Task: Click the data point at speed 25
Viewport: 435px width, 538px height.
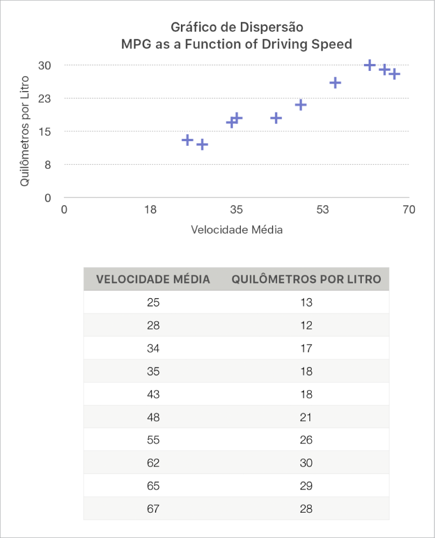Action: click(187, 140)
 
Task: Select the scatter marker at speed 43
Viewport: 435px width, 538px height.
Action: click(276, 118)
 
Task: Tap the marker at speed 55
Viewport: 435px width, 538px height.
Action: click(335, 83)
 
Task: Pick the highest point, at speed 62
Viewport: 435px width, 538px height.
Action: click(370, 65)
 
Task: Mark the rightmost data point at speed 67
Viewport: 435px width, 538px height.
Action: click(394, 74)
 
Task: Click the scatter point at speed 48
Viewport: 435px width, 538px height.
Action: click(300, 105)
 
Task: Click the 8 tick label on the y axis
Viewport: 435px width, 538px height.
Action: click(48, 165)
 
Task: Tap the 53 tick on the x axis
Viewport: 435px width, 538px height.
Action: click(322, 210)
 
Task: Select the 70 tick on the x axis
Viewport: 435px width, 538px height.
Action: click(408, 210)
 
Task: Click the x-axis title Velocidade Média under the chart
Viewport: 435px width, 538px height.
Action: click(237, 230)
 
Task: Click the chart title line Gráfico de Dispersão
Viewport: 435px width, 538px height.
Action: click(237, 27)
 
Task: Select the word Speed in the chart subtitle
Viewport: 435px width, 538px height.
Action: click(332, 44)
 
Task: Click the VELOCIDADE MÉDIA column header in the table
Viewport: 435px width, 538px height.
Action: click(153, 279)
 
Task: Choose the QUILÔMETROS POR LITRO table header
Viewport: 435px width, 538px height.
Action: click(306, 279)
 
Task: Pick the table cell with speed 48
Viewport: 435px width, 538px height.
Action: click(153, 417)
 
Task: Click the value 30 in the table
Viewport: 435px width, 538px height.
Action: click(306, 463)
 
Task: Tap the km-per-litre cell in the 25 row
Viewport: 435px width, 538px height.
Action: click(306, 302)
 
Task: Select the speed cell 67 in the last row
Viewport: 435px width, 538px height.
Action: click(153, 509)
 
